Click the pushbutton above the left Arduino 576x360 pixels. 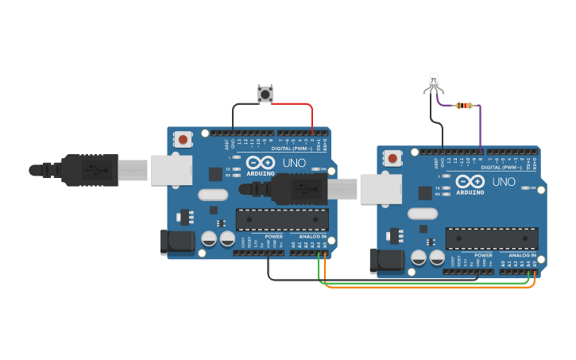[265, 95]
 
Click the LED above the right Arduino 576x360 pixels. [433, 80]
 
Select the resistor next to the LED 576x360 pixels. [464, 105]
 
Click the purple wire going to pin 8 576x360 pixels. [480, 127]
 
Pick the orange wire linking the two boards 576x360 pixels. [429, 287]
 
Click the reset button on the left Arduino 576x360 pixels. [184, 139]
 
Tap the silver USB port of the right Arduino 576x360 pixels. [381, 188]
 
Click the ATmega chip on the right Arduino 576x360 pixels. [492, 238]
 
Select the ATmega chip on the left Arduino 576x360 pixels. [282, 219]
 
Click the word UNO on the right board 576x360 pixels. [504, 182]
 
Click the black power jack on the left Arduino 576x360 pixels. [176, 242]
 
